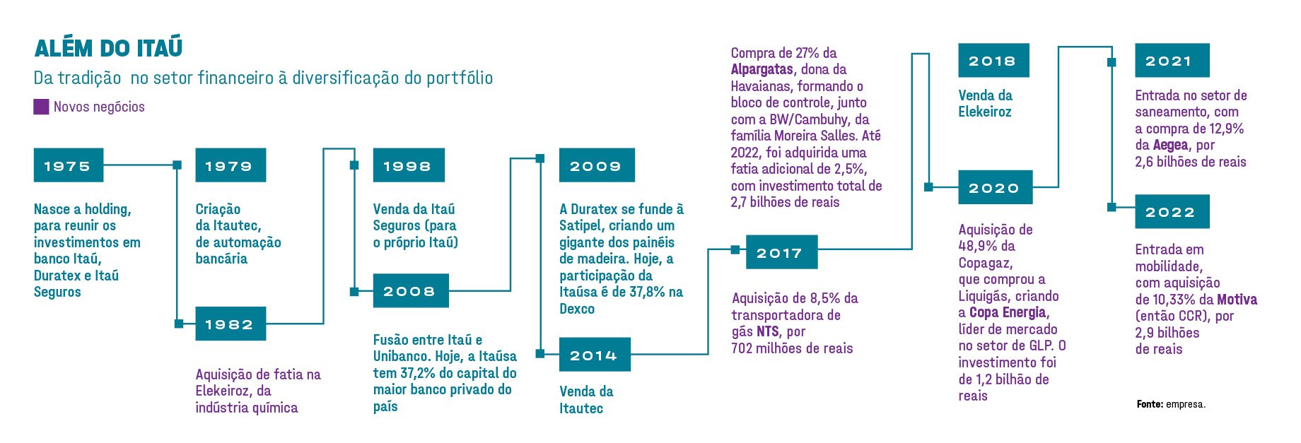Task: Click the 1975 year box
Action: click(x=69, y=165)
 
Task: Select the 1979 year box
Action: click(x=231, y=165)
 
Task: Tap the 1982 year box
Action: click(x=231, y=324)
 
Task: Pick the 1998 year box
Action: click(x=409, y=165)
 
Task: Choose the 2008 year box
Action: click(x=411, y=290)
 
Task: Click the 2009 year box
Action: click(x=597, y=165)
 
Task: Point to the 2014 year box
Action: click(x=595, y=355)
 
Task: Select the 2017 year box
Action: click(x=781, y=252)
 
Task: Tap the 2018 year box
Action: click(x=993, y=61)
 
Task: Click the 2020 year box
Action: click(x=996, y=187)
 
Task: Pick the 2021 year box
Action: click(x=1172, y=61)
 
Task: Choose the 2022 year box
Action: click(x=1172, y=211)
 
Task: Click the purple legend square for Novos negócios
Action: click(x=41, y=107)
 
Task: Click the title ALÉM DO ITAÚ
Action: click(x=109, y=48)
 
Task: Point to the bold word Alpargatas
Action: click(x=762, y=69)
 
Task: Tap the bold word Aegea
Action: click(x=1171, y=145)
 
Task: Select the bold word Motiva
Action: click(x=1237, y=299)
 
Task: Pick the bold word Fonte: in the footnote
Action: click(x=1150, y=404)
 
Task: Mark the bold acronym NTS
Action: click(x=768, y=331)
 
